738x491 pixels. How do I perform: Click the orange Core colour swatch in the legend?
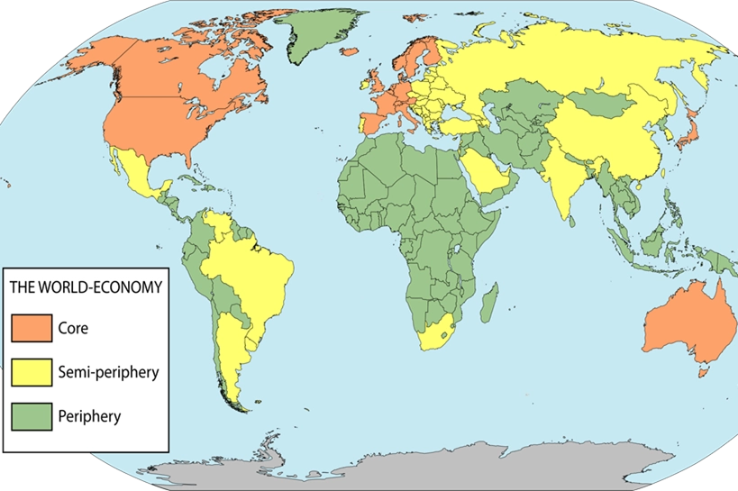[x=32, y=328]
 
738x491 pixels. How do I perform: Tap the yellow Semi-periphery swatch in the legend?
[x=32, y=371]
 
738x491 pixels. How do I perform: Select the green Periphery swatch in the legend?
[x=32, y=415]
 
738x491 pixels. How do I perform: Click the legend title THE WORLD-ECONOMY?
[x=86, y=287]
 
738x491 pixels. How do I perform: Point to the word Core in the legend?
[x=72, y=328]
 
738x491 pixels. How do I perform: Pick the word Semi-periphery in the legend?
[x=107, y=371]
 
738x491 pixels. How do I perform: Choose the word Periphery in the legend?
[x=88, y=416]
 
